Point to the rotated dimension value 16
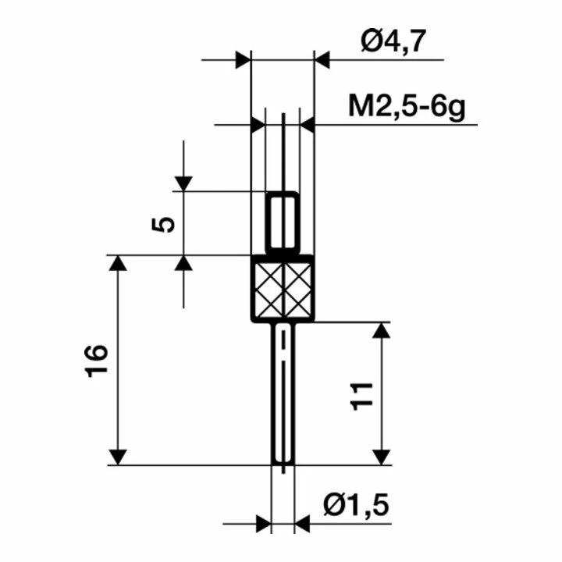click(x=97, y=361)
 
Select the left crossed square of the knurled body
click(x=267, y=288)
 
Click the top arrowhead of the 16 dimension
click(x=117, y=263)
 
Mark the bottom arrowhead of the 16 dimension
click(x=117, y=456)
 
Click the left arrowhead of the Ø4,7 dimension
click(x=243, y=59)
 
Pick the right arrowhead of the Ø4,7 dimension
click(x=322, y=59)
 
